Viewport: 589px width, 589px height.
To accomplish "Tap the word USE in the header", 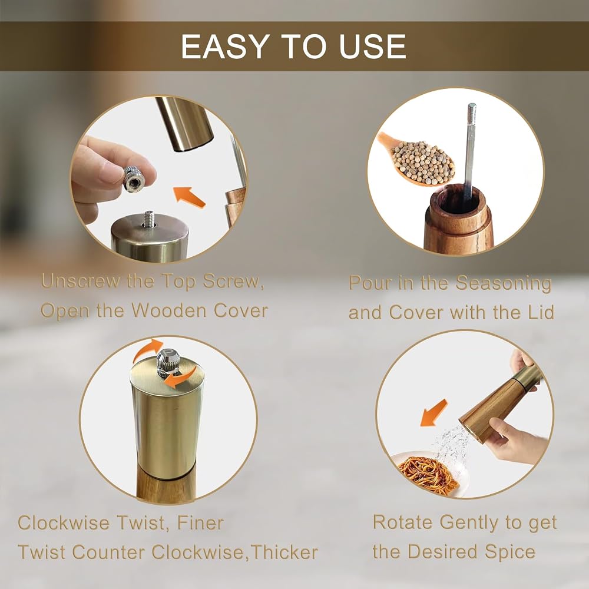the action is click(372, 47).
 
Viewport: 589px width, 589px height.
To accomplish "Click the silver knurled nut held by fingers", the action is click(134, 179).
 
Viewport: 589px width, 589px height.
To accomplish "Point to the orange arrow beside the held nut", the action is click(189, 197).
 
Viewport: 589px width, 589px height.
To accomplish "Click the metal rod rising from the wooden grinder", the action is click(469, 150).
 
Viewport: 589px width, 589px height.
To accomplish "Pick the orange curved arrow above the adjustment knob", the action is click(148, 349).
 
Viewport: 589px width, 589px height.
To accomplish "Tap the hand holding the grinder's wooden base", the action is click(515, 440).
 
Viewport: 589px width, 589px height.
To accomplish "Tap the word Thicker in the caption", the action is click(284, 552).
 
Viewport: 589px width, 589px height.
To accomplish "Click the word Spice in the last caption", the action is click(509, 552).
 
